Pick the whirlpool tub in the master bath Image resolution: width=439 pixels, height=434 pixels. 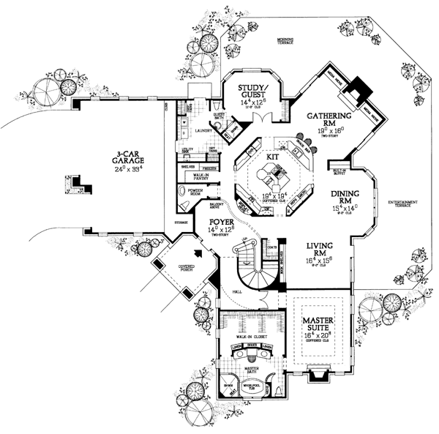pyautogui.click(x=250, y=383)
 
